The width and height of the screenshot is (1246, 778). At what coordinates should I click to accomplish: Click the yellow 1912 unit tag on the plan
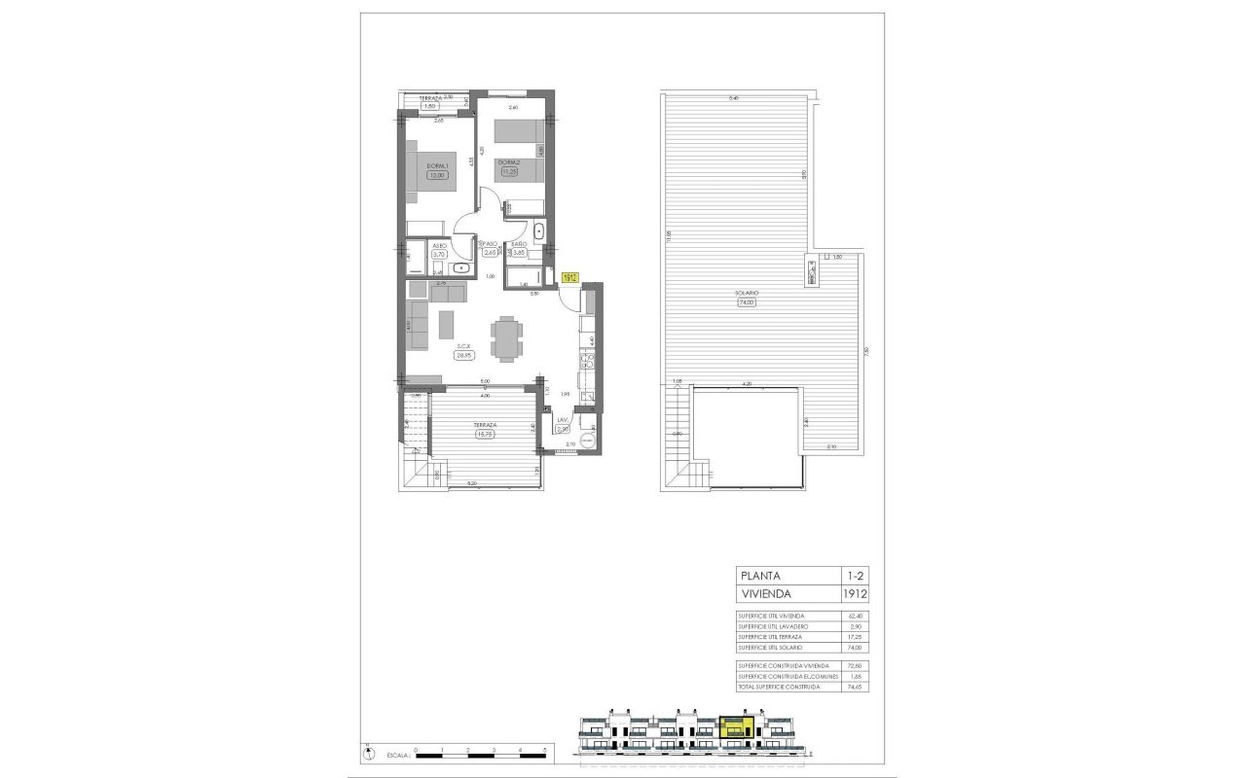click(x=571, y=277)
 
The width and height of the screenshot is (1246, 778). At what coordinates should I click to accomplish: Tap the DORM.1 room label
click(x=436, y=166)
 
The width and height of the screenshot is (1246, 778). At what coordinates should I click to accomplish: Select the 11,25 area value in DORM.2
click(x=507, y=171)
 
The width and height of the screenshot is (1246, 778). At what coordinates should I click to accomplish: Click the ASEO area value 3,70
click(x=413, y=254)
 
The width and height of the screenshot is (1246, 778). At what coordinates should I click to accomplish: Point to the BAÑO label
click(x=519, y=244)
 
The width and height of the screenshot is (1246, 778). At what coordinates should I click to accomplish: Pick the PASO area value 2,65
click(x=490, y=252)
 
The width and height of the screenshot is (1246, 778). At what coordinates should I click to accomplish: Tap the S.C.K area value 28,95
click(x=463, y=355)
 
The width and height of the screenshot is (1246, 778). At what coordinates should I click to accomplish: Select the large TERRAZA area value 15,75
click(x=485, y=435)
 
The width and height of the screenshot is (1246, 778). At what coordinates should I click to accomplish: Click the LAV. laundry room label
click(x=562, y=420)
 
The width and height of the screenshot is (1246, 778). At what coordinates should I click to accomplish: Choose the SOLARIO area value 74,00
click(x=747, y=302)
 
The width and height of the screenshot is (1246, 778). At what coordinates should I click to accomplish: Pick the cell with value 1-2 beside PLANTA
click(x=854, y=575)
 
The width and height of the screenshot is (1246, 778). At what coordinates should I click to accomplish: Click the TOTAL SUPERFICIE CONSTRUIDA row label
click(x=779, y=688)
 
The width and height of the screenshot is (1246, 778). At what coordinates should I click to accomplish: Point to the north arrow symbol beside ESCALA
click(x=367, y=754)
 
